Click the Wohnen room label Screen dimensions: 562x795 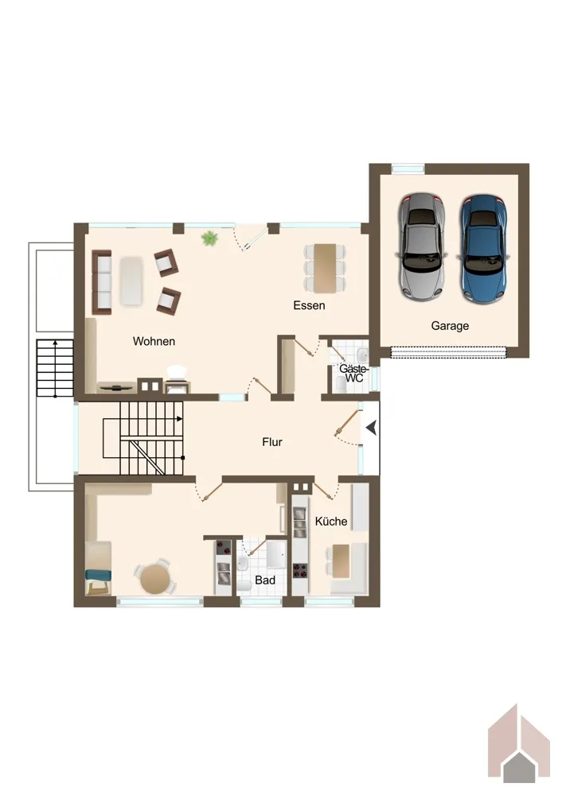154,341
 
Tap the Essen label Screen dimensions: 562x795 309,305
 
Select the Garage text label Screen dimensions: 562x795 450,325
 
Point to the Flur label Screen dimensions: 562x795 272,442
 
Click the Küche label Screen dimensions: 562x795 331,522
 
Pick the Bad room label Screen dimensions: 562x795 265,580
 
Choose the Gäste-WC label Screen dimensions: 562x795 353,374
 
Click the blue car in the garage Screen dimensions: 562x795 484,248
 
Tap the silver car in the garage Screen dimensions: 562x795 421,247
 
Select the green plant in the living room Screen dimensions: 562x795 209,238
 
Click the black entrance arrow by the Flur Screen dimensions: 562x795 372,428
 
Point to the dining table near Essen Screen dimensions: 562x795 325,268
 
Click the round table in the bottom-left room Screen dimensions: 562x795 154,579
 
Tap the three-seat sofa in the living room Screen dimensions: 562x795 102,282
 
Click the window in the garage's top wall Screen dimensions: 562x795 408,169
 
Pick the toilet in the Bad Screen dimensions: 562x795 244,586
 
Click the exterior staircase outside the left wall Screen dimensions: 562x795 55,368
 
